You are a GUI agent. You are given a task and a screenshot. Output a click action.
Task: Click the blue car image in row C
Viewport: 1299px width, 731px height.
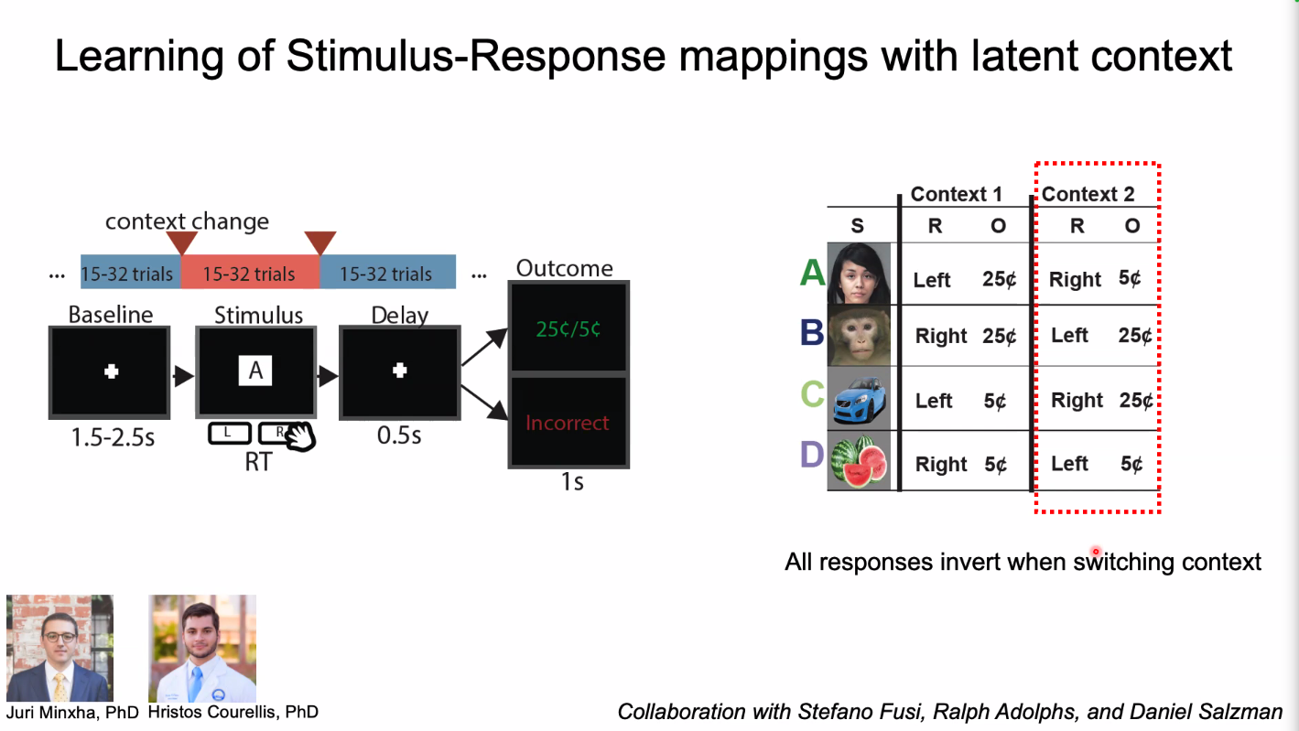(859, 399)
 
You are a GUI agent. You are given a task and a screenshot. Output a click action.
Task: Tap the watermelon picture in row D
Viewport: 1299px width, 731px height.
(859, 463)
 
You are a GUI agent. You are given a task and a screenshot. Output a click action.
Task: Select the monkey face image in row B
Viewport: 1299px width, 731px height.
(859, 335)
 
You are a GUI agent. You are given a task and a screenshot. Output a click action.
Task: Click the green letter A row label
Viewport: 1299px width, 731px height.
(812, 272)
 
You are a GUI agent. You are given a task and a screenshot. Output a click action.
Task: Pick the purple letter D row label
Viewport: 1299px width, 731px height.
(812, 455)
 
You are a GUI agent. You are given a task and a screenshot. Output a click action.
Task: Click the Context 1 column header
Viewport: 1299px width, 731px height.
(956, 194)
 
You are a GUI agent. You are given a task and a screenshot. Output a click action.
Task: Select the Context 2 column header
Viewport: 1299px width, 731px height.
(1088, 194)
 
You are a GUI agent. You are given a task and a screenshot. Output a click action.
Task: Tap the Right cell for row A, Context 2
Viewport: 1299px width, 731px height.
(1075, 280)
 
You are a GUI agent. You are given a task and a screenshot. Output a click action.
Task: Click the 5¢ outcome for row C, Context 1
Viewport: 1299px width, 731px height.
(995, 401)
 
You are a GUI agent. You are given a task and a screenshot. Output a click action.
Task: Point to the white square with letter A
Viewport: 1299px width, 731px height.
(255, 370)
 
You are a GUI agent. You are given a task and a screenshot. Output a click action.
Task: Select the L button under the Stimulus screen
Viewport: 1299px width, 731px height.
(229, 433)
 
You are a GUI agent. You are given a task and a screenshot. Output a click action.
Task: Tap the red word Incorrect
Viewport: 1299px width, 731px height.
(567, 423)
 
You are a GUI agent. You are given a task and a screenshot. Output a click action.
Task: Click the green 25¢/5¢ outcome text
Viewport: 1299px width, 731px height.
(568, 328)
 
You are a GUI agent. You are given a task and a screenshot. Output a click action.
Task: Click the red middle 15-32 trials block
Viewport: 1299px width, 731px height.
(249, 274)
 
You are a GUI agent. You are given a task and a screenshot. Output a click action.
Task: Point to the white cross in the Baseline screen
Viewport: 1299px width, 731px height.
(111, 371)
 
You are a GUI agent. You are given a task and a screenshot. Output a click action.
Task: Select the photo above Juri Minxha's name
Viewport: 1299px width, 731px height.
(60, 648)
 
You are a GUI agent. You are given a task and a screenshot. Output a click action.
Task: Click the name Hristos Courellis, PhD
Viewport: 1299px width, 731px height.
(233, 712)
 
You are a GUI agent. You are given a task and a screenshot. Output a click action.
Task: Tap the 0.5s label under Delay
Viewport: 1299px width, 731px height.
(399, 435)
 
